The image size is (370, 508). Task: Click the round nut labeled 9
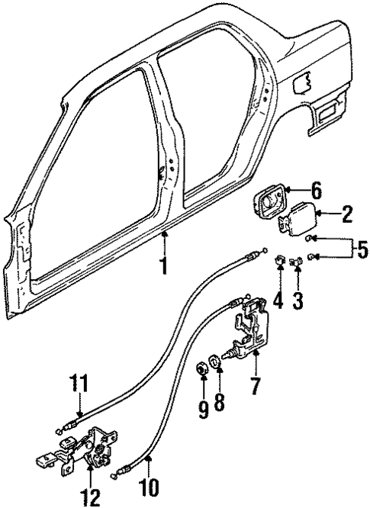[x=204, y=371]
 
